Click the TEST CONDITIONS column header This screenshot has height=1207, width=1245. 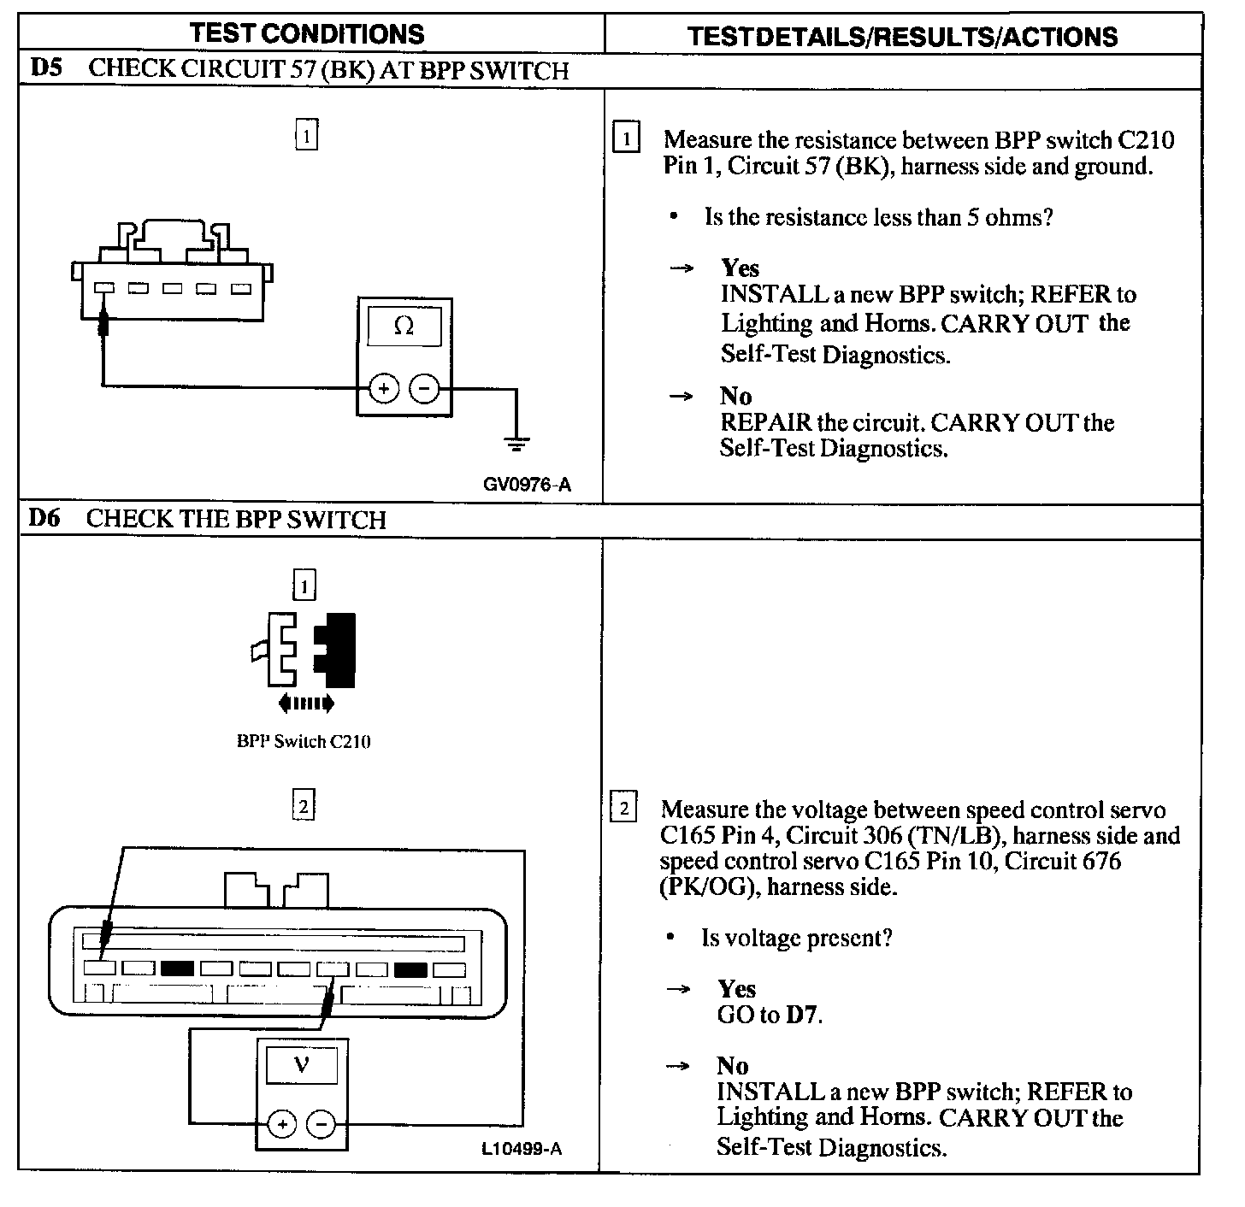pyautogui.click(x=307, y=34)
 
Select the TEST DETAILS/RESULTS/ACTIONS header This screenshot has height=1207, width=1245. pyautogui.click(x=903, y=37)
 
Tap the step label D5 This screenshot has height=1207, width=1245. pyautogui.click(x=46, y=68)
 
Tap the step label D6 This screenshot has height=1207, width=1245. pyautogui.click(x=44, y=518)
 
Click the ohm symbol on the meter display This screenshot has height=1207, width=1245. pyautogui.click(x=404, y=326)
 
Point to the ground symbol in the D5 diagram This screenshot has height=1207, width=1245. pyautogui.click(x=516, y=444)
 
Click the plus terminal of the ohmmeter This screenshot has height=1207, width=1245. pyautogui.click(x=384, y=389)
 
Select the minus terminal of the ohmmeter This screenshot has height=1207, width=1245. pyautogui.click(x=424, y=389)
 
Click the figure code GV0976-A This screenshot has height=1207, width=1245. pyautogui.click(x=527, y=485)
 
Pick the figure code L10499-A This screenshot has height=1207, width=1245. pyautogui.click(x=522, y=1149)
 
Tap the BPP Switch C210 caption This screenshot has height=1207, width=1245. pyautogui.click(x=304, y=741)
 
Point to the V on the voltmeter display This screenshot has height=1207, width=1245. pyautogui.click(x=301, y=1064)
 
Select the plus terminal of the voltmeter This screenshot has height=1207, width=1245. pyautogui.click(x=282, y=1124)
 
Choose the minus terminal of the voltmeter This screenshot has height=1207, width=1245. pyautogui.click(x=322, y=1124)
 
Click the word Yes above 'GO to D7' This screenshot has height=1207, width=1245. pyautogui.click(x=736, y=989)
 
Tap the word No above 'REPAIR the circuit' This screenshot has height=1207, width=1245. pyautogui.click(x=735, y=396)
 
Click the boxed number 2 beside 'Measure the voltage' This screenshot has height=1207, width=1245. pyautogui.click(x=624, y=808)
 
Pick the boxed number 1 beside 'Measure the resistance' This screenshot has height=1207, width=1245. pyautogui.click(x=627, y=138)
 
